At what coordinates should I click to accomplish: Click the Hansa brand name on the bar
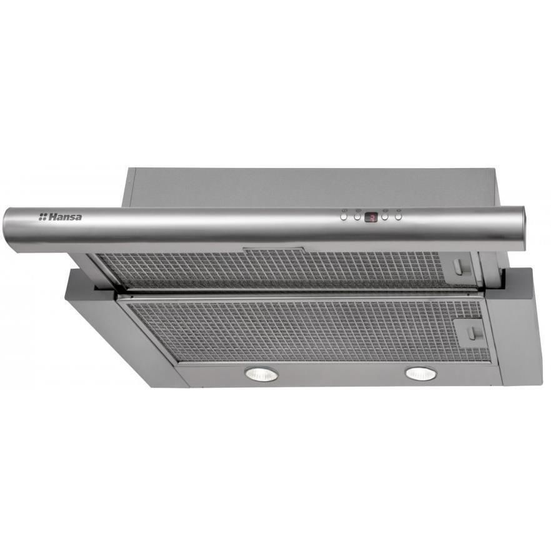tap(65, 217)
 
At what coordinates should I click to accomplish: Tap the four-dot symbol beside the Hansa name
tap(42, 217)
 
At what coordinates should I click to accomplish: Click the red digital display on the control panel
tap(370, 217)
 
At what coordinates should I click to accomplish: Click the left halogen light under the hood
tap(262, 374)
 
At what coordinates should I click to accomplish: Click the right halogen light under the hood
tap(421, 373)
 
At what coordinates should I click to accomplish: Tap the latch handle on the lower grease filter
tap(472, 332)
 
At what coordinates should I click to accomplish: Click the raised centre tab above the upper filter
tap(274, 249)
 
